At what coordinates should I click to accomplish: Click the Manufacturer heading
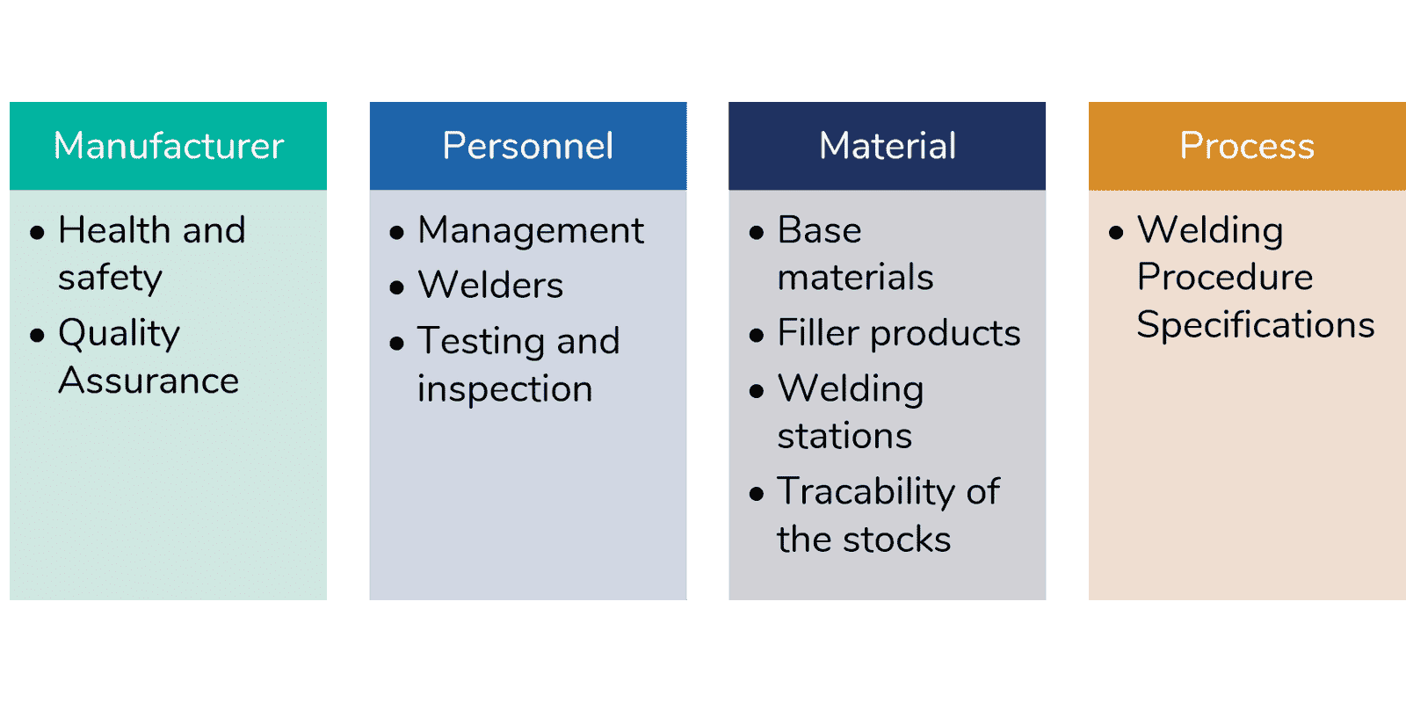[x=169, y=146]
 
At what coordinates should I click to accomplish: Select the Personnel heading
[x=528, y=146]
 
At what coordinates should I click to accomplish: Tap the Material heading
[x=888, y=146]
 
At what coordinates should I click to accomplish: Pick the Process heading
[x=1247, y=146]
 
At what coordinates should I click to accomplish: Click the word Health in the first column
[x=113, y=229]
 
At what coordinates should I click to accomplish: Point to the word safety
[x=110, y=279]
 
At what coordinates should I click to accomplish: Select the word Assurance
[x=149, y=380]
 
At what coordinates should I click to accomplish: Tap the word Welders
[x=491, y=285]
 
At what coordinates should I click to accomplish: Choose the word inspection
[x=505, y=389]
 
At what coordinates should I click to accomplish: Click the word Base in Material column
[x=819, y=229]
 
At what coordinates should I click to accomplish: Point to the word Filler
[x=817, y=333]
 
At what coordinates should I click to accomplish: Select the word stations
[x=844, y=436]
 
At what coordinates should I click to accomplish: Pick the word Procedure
[x=1225, y=278]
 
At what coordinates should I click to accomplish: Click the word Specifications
[x=1256, y=326]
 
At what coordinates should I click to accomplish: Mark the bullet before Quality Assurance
[x=37, y=335]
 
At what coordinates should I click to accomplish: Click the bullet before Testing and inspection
[x=396, y=344]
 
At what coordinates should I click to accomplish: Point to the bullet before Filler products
[x=757, y=335]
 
